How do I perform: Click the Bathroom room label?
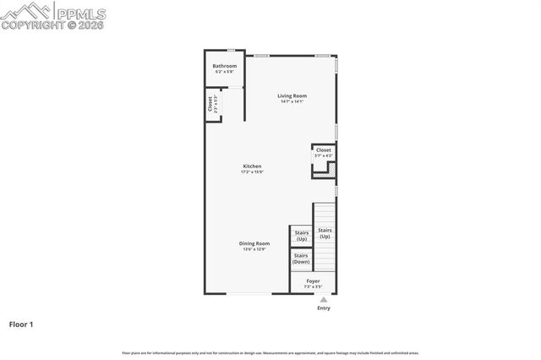point(224,66)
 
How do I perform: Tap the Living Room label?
point(292,95)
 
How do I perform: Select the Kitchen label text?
point(252,166)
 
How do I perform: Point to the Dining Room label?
point(254,243)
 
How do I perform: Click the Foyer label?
point(313,281)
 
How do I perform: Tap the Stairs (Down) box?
point(301,259)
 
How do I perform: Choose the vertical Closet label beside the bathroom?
point(210,105)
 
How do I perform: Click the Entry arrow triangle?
point(323,298)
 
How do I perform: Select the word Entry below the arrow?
point(324,308)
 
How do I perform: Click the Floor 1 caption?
point(21,324)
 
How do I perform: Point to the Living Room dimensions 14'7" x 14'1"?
point(292,101)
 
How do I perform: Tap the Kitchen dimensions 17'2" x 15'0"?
point(252,172)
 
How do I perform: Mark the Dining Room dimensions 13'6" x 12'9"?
point(254,249)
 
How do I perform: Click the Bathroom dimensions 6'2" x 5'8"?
point(224,72)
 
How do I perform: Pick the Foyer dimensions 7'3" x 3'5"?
point(313,286)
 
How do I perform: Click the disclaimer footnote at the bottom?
point(270,352)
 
